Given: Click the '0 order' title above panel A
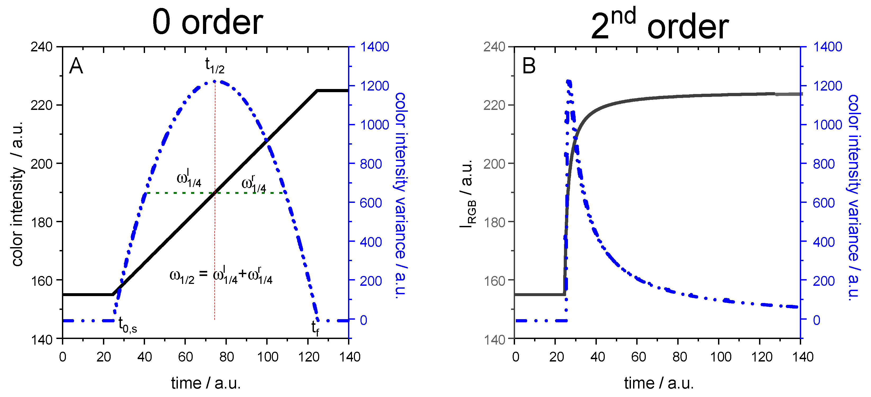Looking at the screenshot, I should pos(207,22).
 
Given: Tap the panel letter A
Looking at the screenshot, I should pos(76,66).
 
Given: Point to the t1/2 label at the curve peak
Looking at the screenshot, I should pos(215,65).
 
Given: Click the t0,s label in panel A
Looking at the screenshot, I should pos(128,325).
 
